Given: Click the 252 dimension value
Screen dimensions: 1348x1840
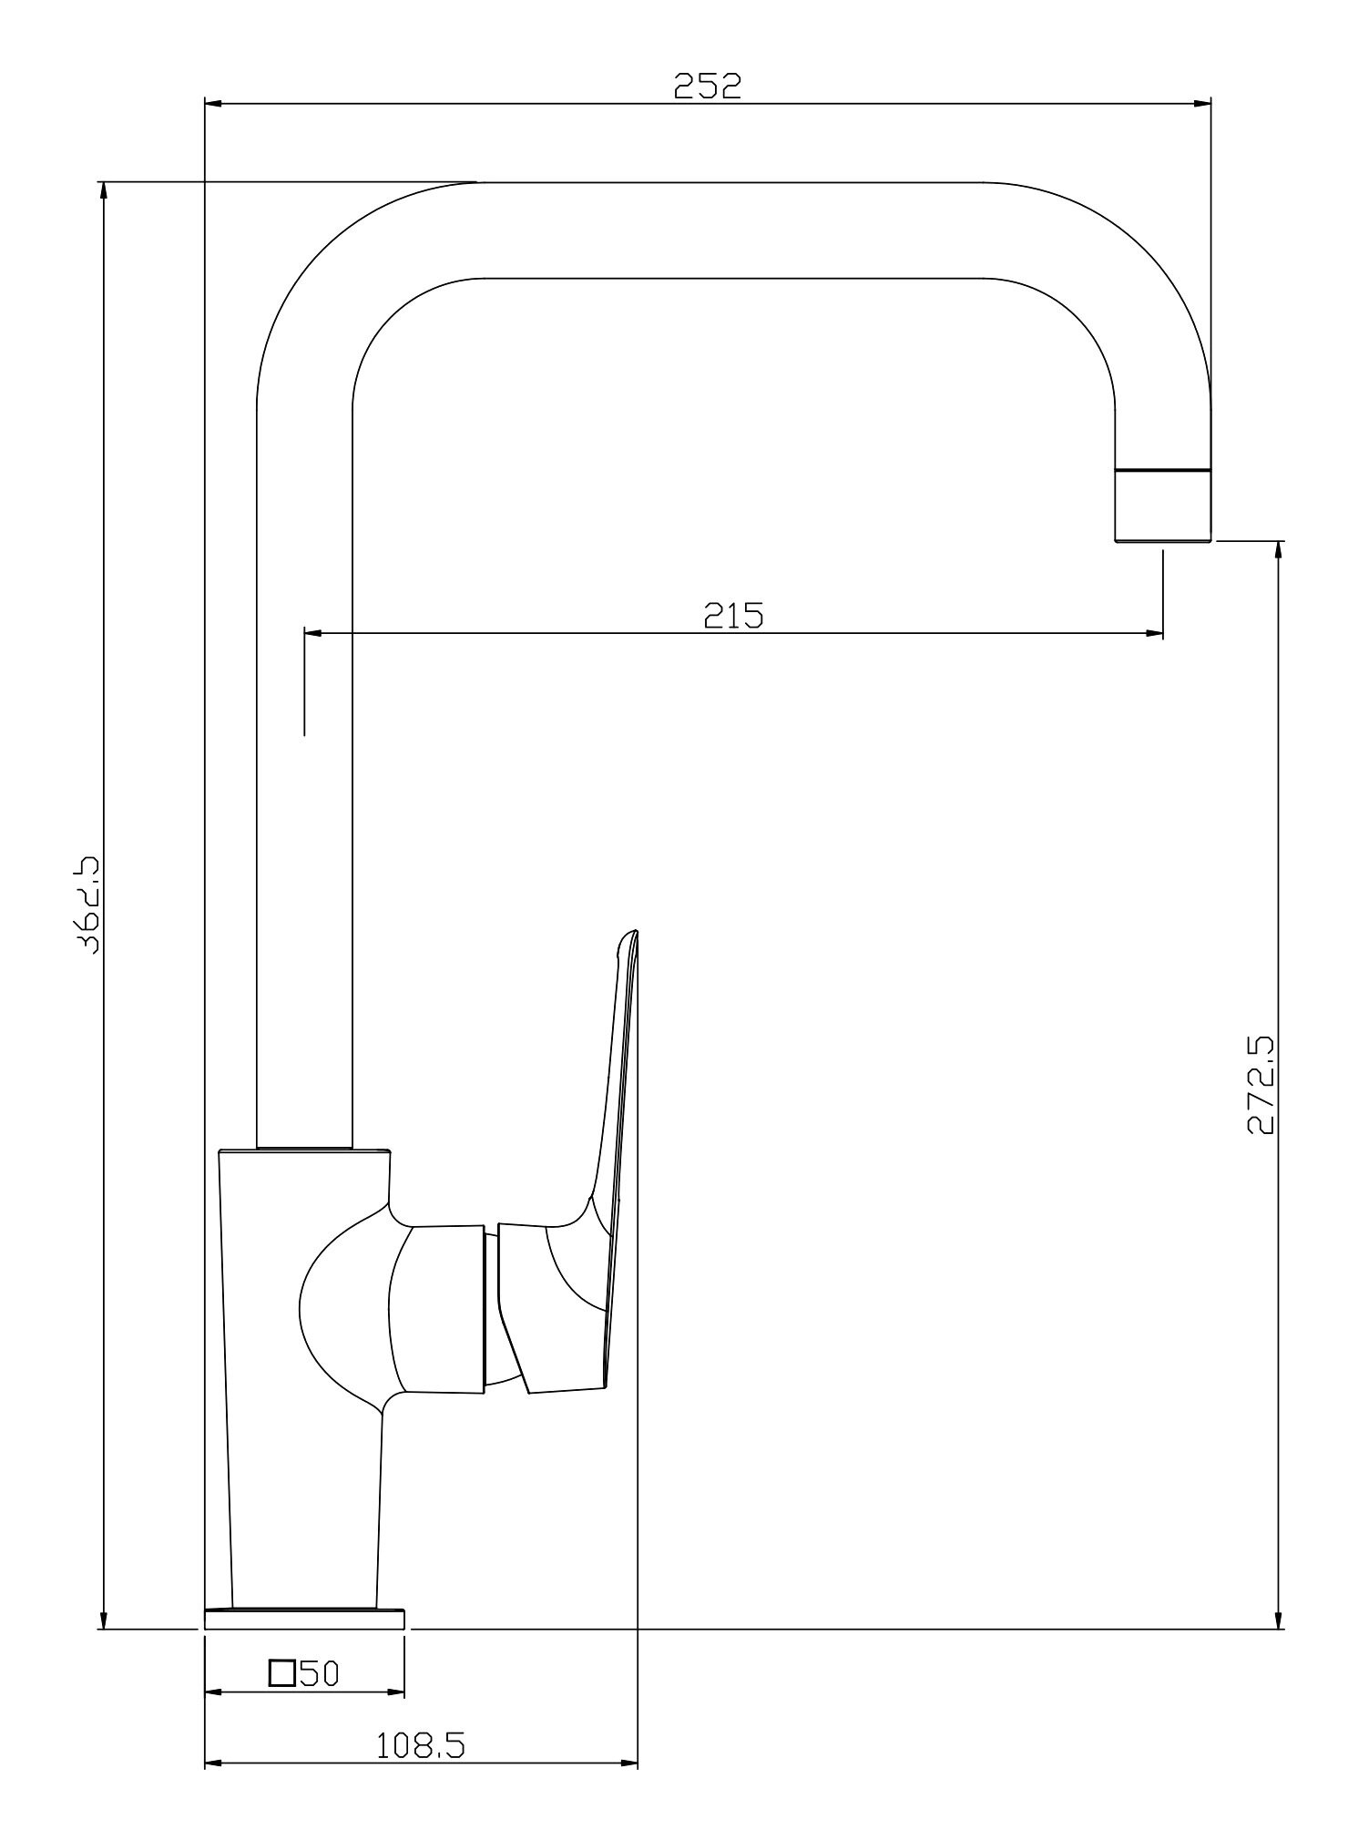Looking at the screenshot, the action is (708, 86).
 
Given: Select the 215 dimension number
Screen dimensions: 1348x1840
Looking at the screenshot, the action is (733, 617).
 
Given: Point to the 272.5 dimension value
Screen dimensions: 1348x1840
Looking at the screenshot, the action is (1261, 1085).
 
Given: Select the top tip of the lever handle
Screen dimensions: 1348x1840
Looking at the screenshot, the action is (632, 932).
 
